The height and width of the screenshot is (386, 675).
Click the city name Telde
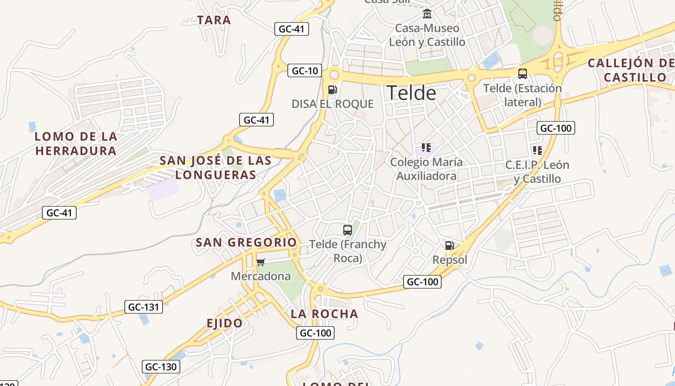pos(411,93)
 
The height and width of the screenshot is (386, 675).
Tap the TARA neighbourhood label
pos(214,20)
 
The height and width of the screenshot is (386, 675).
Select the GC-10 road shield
pos(305,71)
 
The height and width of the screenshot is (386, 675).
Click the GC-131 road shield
pos(144,307)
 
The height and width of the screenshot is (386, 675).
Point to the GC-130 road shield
pos(161,367)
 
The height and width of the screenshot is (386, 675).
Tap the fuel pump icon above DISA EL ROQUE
pos(332,89)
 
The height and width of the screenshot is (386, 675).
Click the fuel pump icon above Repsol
pos(449,246)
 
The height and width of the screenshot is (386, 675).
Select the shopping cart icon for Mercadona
pos(261,262)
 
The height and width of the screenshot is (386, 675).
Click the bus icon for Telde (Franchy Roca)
pos(348,230)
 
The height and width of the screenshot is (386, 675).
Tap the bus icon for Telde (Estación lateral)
pos(523,74)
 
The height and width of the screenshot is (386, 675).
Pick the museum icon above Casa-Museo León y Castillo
pos(427,14)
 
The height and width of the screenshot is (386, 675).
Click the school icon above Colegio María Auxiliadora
pos(426,147)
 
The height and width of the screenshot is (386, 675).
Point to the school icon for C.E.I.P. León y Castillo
pos(538,150)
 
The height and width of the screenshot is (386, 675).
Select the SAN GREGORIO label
pos(246,243)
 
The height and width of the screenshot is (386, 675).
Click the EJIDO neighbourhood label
pos(225,323)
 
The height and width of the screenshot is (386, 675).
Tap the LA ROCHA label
pos(324,314)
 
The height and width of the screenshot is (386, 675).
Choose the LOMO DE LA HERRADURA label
pos(76,143)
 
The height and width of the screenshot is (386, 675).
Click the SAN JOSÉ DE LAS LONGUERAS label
pos(216,167)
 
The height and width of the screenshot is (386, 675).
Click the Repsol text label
pos(450,260)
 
